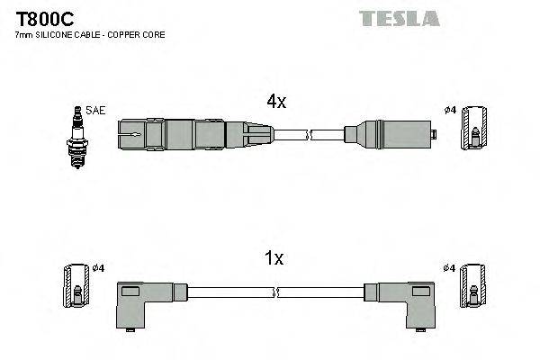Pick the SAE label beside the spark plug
pyautogui.click(x=95, y=111)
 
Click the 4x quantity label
pyautogui.click(x=275, y=103)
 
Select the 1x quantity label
pyautogui.click(x=274, y=259)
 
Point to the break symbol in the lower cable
pyautogui.click(x=276, y=292)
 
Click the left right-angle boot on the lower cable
pyautogui.click(x=145, y=303)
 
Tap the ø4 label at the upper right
pyautogui.click(x=451, y=111)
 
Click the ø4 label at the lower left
pyautogui.click(x=98, y=268)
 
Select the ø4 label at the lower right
pyautogui.click(x=451, y=268)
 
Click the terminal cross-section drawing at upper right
pyautogui.click(x=475, y=131)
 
